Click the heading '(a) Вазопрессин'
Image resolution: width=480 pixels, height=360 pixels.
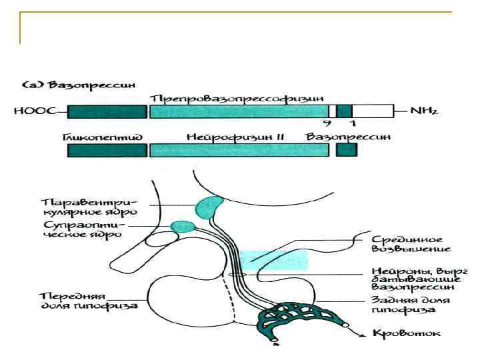tap(79, 85)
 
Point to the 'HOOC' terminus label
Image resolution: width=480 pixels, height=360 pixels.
tap(29, 111)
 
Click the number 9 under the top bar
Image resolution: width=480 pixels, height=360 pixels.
tap(326, 124)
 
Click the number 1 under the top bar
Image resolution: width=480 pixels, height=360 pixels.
tap(352, 124)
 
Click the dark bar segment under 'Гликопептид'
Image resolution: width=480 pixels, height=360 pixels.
tap(107, 151)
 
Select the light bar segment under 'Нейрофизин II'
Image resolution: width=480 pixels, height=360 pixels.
tap(239, 151)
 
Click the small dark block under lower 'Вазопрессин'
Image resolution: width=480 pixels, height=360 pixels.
tap(346, 151)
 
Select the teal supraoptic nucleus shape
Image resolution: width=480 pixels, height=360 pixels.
tap(182, 227)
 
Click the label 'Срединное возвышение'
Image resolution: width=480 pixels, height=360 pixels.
tap(410, 243)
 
